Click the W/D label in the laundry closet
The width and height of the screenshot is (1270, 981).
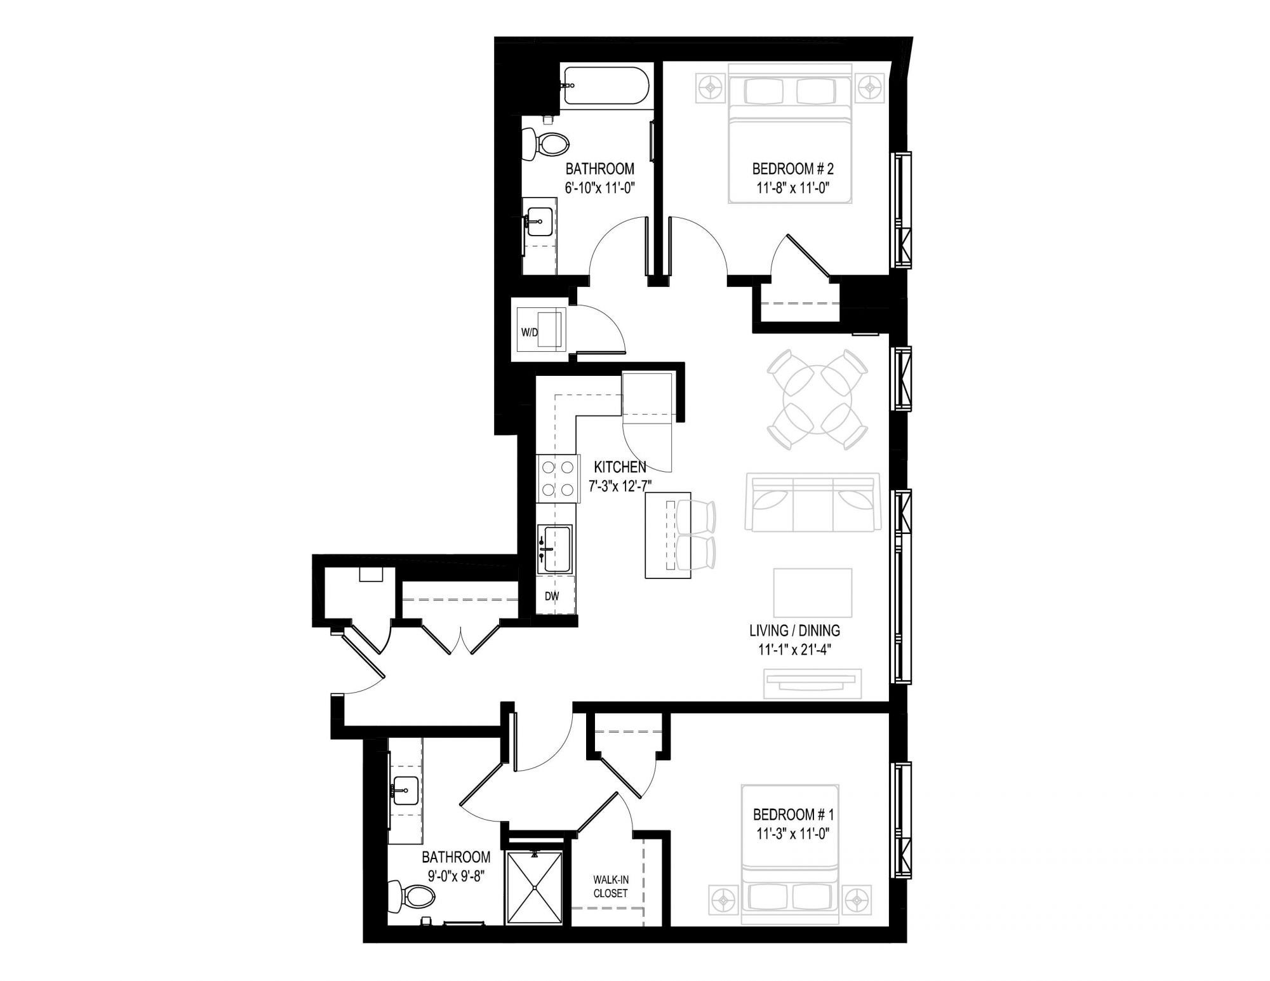(529, 332)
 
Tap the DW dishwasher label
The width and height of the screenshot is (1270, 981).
(552, 596)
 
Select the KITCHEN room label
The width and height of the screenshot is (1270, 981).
(620, 468)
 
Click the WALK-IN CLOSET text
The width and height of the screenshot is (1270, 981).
(610, 886)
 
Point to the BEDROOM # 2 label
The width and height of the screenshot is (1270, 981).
(792, 169)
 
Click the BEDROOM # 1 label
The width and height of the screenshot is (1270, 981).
(792, 814)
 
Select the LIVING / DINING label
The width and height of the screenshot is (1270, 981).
(794, 631)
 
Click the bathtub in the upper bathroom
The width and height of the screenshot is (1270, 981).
(605, 86)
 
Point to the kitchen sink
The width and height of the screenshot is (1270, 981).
(554, 549)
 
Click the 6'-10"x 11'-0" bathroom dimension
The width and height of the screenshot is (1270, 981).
(600, 187)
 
